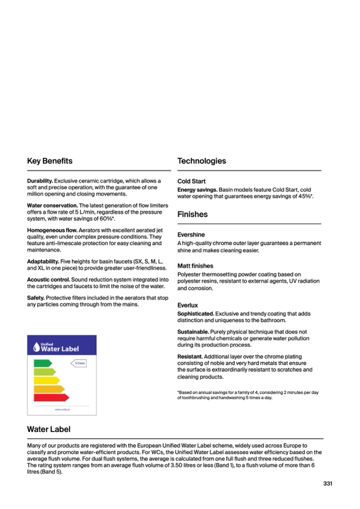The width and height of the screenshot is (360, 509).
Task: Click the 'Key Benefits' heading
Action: tap(50, 161)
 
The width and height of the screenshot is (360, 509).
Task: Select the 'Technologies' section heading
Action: tap(201, 161)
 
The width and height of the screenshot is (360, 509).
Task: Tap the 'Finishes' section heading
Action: tap(192, 214)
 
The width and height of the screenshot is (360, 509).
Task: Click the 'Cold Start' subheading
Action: tap(191, 182)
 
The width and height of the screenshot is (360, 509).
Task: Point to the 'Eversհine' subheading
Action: tap(191, 235)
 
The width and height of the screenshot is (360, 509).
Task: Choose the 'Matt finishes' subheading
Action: tap(195, 266)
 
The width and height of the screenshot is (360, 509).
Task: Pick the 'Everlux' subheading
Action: tap(187, 305)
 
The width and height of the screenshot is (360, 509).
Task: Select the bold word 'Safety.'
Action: tap(36, 298)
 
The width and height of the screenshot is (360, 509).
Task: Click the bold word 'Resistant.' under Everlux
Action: tap(190, 357)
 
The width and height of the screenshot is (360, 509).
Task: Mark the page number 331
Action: tap(328, 484)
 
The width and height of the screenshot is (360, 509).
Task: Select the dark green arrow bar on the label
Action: tap(42, 363)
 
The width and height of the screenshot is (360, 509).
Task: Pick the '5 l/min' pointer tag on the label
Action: tap(79, 363)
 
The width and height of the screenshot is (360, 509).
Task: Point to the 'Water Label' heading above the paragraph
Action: tap(48, 429)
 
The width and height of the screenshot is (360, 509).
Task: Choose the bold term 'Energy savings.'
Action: tap(197, 189)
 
